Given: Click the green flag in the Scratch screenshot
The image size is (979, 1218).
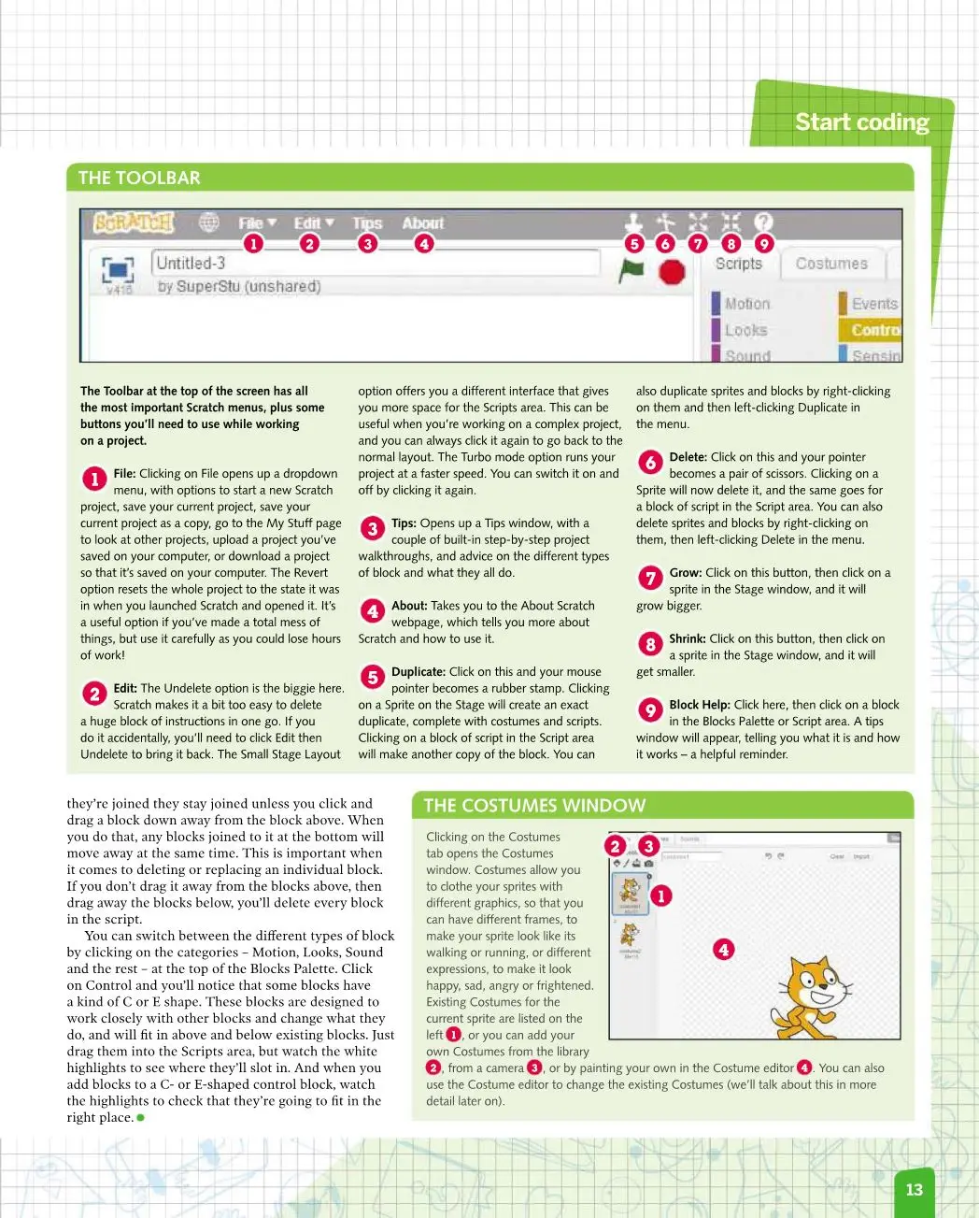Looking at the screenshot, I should coord(632,270).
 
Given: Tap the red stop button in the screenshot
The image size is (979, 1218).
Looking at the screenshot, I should coord(672,272).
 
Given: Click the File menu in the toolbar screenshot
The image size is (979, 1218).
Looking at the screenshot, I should coord(256,223).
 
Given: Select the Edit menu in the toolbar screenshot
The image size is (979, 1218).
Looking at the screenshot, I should coord(313,223).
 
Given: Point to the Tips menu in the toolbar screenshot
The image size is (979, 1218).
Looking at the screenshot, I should coord(367,223).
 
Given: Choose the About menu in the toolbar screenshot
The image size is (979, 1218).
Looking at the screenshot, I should coord(423,222).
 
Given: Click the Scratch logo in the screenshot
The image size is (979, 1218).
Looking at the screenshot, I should coord(135,223).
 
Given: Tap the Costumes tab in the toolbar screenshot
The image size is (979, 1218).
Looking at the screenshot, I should coord(831,264).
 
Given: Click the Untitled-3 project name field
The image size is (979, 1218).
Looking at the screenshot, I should coord(374,263).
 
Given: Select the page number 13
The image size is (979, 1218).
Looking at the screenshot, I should coord(914,1189).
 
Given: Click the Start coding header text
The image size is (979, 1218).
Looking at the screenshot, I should coord(861,122).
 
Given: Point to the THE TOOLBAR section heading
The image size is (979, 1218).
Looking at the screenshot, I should coord(139,178).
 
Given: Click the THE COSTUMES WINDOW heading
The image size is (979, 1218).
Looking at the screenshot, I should coord(534,806).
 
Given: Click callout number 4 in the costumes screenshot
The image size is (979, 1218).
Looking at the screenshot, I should coord(723,950).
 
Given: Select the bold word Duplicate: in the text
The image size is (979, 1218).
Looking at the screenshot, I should coord(418,671).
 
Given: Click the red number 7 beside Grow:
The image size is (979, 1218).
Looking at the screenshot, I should coord(650,578).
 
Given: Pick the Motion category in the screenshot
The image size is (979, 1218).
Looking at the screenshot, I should coord(746,304).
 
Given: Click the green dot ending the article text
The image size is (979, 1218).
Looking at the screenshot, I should coord(141,1117).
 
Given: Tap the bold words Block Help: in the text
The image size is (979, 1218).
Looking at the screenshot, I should coord(699,705).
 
